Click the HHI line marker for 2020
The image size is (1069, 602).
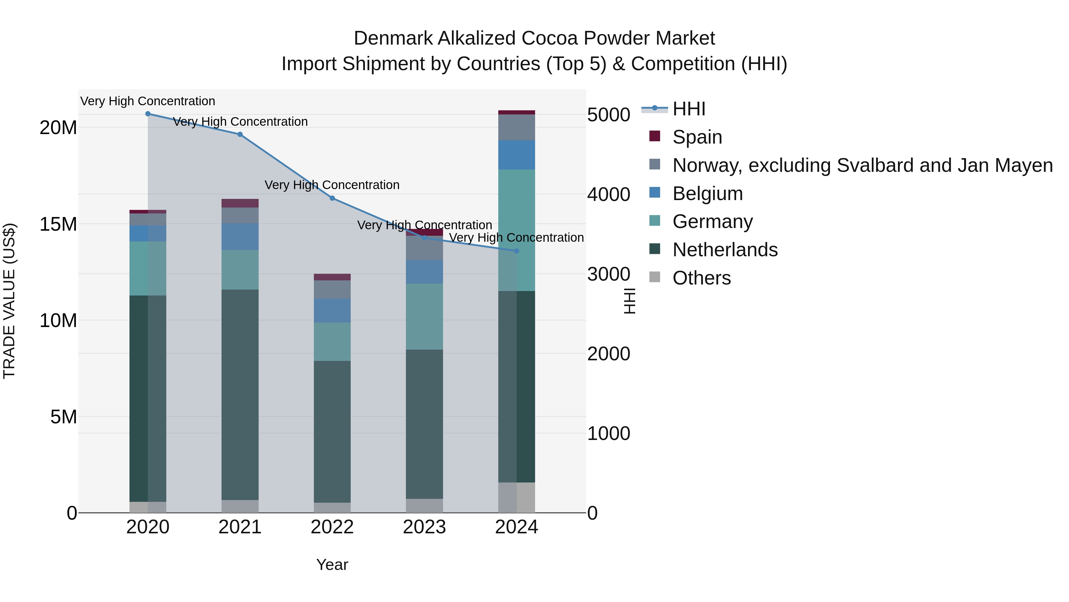148,114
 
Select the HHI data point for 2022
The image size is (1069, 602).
332,198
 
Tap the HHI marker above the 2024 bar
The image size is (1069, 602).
516,251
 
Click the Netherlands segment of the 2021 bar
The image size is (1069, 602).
240,395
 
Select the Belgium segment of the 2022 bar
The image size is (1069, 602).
332,310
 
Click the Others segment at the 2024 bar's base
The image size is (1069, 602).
516,497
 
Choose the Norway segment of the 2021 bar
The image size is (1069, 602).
240,215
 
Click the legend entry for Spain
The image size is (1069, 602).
697,137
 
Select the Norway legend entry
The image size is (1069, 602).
862,165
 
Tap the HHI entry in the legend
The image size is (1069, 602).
689,109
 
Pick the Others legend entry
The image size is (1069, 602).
701,278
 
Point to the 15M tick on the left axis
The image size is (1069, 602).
58,224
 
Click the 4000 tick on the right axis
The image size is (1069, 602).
609,194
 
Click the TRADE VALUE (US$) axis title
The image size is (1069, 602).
9,301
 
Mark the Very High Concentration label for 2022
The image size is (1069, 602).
332,185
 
